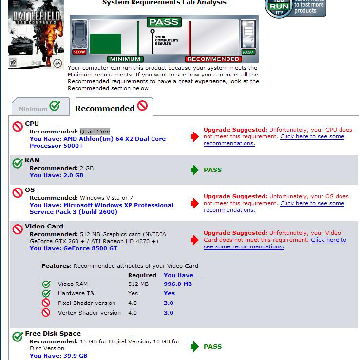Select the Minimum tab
coord(39,108)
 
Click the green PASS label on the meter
coord(164,22)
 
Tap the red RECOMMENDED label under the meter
coord(213,59)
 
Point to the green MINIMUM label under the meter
coord(126,59)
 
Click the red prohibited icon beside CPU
coord(18,127)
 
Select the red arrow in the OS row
coord(195,203)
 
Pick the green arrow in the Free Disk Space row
coord(195,346)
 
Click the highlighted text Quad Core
coord(95,132)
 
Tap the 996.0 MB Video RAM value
coord(177,284)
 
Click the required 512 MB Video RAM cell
coord(138,284)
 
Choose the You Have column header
coord(178,275)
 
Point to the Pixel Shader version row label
coord(89,303)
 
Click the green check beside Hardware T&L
coord(46,293)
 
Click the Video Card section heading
coord(44,226)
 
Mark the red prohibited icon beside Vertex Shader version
coord(46,313)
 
